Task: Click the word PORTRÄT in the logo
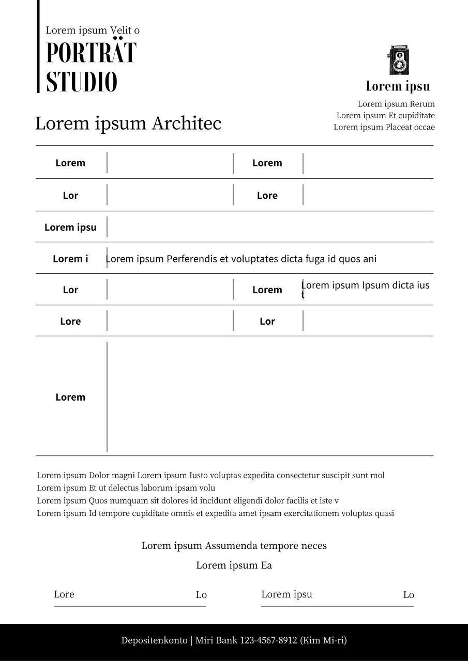91,53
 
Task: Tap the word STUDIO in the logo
82,82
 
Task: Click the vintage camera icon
398,60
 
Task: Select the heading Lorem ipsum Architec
128,123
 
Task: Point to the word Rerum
422,104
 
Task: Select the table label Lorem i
70,259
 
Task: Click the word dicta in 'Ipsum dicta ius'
396,285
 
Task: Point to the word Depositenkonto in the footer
154,640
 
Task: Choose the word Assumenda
231,546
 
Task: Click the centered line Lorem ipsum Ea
234,565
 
